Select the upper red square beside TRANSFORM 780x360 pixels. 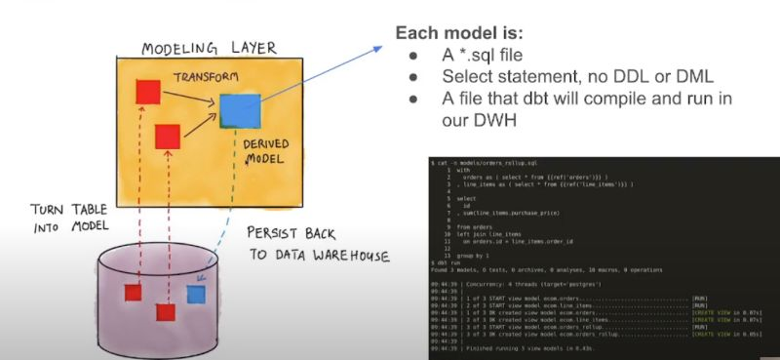tap(148, 91)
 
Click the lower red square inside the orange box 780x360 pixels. tap(168, 136)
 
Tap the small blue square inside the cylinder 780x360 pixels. tap(194, 292)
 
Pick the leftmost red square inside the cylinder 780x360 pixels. tap(134, 292)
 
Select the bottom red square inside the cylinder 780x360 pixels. tap(166, 313)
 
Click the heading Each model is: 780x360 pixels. tap(456, 33)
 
